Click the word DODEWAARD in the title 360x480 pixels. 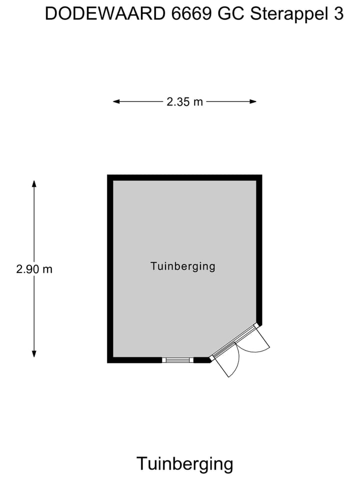click(x=105, y=14)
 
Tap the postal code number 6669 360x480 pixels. click(x=191, y=14)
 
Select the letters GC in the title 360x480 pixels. click(x=231, y=14)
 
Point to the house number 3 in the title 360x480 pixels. click(x=338, y=14)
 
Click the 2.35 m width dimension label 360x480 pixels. click(x=184, y=101)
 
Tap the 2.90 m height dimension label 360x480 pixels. click(x=34, y=269)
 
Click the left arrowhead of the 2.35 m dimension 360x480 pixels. click(x=116, y=101)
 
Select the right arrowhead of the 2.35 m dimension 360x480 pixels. click(x=253, y=101)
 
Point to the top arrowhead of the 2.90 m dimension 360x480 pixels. click(x=34, y=183)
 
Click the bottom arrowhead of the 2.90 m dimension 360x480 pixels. click(x=34, y=354)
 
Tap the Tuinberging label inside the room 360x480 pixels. click(x=183, y=266)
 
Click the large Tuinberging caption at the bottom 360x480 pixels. click(x=184, y=463)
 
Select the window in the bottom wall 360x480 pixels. click(x=177, y=360)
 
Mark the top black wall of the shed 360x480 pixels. click(x=184, y=177)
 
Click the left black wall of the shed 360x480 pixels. click(x=110, y=269)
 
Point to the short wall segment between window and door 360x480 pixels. click(x=202, y=360)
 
